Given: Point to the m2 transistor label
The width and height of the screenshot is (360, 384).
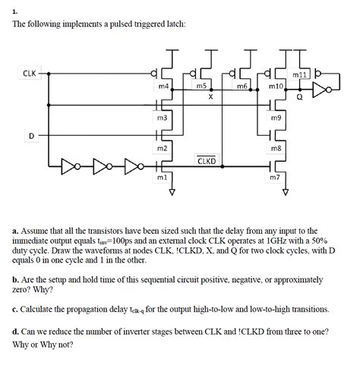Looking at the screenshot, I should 162,148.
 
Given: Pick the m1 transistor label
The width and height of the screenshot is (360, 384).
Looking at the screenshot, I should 161,177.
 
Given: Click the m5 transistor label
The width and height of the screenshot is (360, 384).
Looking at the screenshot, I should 201,87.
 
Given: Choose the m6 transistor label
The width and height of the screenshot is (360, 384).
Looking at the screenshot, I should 241,87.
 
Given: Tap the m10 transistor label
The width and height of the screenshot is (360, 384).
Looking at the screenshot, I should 276,87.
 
